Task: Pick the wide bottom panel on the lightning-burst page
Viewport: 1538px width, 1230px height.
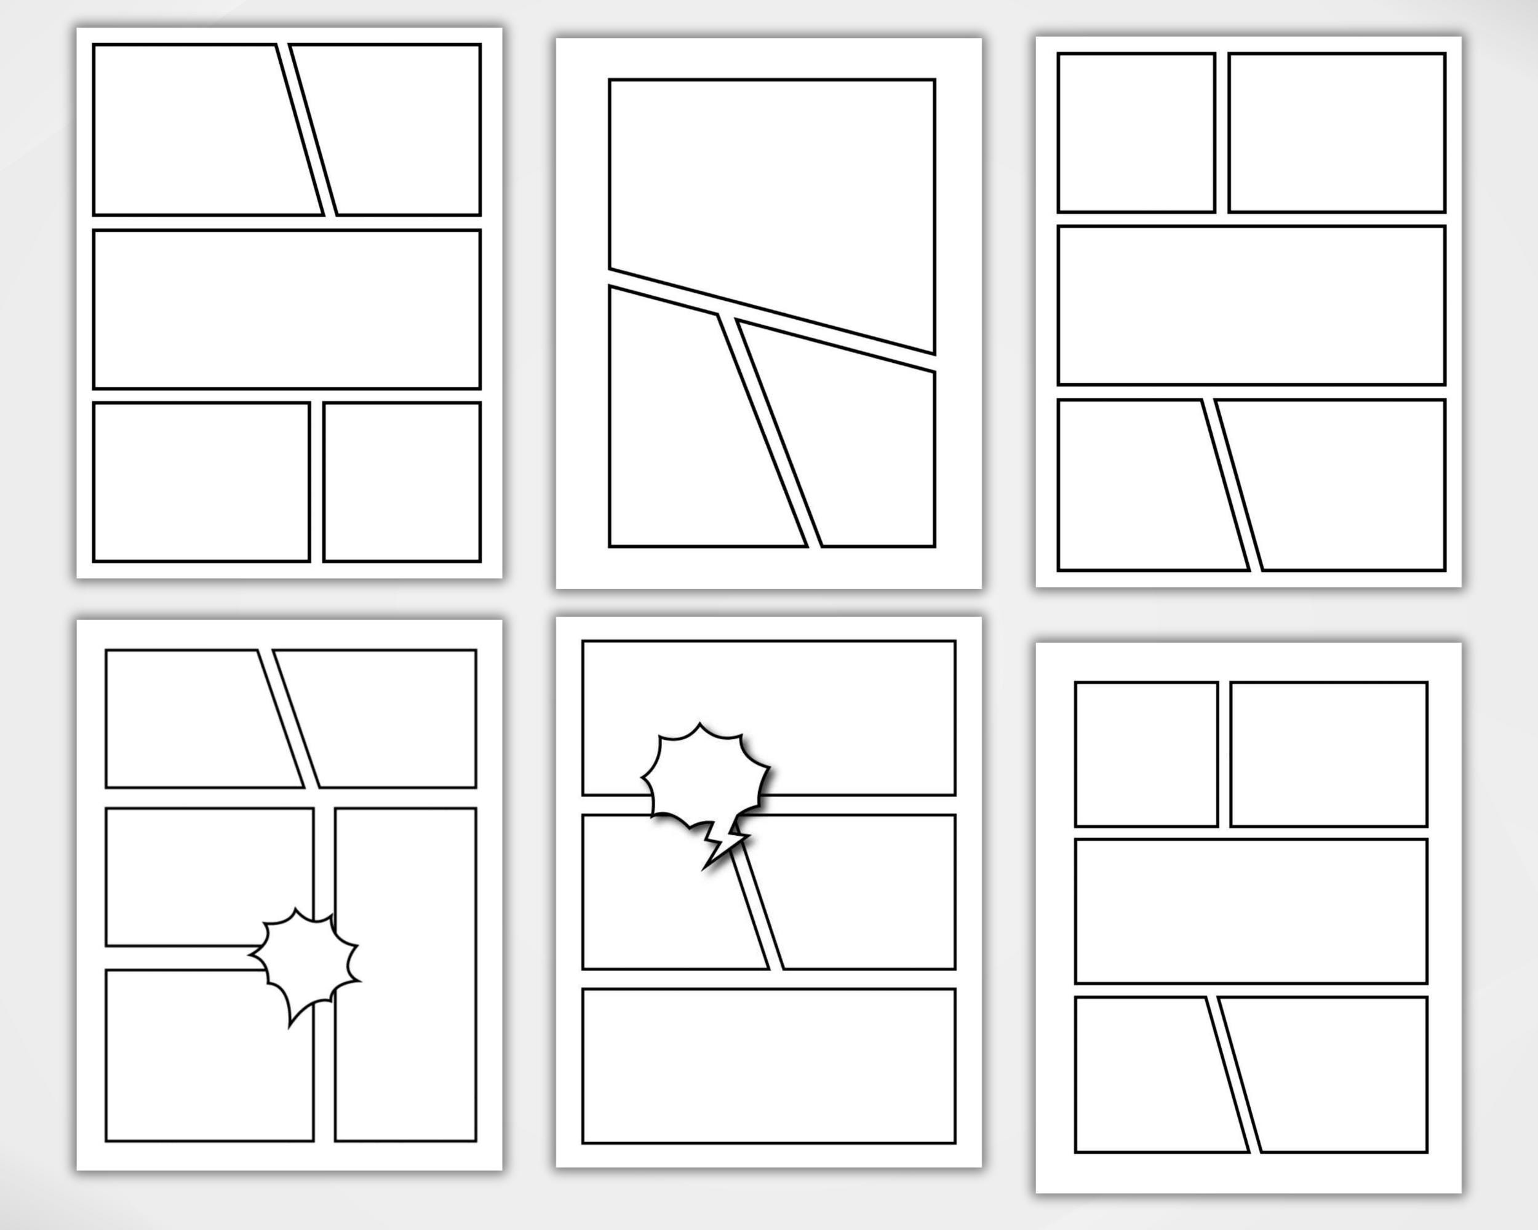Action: (768, 1065)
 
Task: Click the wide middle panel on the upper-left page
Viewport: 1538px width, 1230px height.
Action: (287, 309)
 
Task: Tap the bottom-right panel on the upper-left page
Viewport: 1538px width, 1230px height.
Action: (402, 482)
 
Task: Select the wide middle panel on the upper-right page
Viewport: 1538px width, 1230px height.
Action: (1251, 305)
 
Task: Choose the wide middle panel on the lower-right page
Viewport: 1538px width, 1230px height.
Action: (1251, 911)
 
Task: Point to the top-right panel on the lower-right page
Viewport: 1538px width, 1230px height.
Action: (1328, 754)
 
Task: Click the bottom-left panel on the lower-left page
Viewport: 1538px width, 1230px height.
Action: (207, 1063)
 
